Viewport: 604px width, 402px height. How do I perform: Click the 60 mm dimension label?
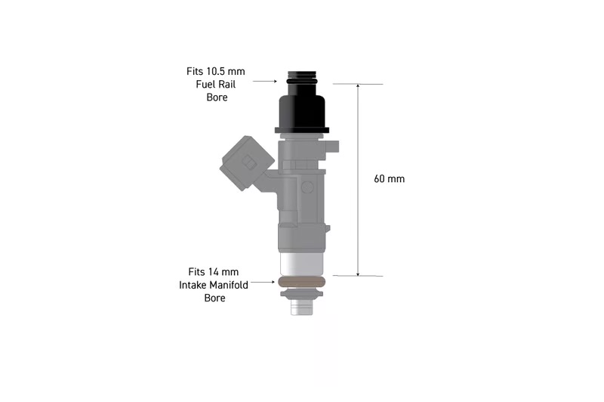[389, 179]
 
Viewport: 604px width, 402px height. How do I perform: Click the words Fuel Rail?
[216, 85]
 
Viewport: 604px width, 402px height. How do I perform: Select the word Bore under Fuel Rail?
[217, 97]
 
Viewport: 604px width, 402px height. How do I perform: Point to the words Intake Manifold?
[214, 285]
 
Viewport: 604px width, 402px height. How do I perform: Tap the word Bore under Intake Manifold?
[214, 298]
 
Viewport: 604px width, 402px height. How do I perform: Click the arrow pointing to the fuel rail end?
[265, 82]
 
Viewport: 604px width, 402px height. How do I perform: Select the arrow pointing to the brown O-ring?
[263, 282]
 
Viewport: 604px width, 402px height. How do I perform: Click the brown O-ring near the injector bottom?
[301, 282]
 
